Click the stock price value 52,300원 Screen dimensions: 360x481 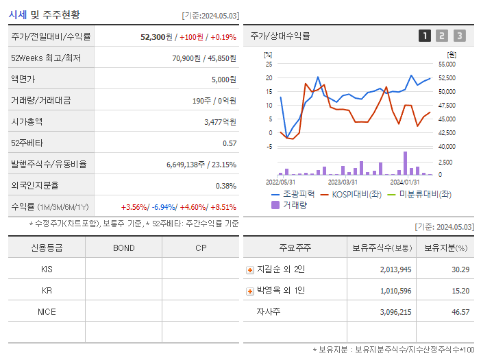pos(153,37)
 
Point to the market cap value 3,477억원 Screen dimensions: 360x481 pos(220,122)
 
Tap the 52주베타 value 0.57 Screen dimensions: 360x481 pos(230,143)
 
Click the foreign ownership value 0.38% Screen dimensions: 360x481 pos(226,186)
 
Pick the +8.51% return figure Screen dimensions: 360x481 pos(223,207)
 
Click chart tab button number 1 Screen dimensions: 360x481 pos(425,36)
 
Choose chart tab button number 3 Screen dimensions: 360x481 pos(459,36)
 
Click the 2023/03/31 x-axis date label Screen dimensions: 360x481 pos(343,182)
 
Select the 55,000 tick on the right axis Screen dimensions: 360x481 pos(446,64)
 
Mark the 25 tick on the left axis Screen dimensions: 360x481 pos(269,64)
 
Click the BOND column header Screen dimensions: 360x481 pos(123,248)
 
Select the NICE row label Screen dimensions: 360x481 pos(47,312)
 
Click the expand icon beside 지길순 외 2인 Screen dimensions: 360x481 pos(250,270)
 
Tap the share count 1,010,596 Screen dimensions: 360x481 pos(395,291)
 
